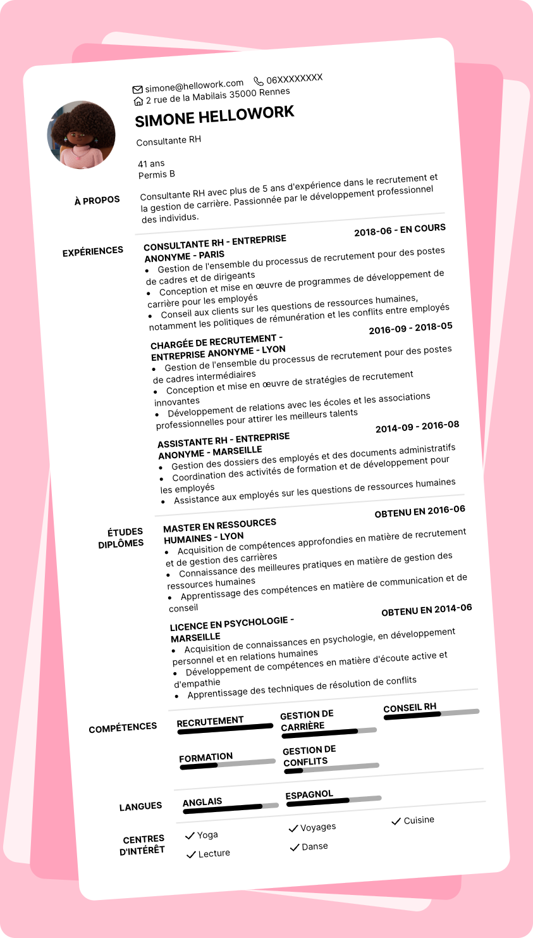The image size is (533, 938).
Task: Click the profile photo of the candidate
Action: (x=82, y=135)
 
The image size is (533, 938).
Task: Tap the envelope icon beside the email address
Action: (x=137, y=89)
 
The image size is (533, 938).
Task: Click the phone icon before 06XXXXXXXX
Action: (x=259, y=81)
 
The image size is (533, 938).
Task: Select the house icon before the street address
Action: (x=138, y=101)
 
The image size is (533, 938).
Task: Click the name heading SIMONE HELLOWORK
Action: (x=215, y=116)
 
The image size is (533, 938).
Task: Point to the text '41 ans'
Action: (x=151, y=163)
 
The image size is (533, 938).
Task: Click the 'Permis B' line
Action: (x=157, y=175)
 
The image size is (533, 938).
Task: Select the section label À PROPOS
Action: (x=97, y=201)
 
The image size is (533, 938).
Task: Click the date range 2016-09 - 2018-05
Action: (x=411, y=328)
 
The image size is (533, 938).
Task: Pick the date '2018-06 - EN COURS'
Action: (x=400, y=230)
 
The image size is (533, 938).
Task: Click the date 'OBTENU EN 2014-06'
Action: (x=427, y=610)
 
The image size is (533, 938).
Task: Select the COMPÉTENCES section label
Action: (x=123, y=728)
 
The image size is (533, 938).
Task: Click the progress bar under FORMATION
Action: (x=228, y=764)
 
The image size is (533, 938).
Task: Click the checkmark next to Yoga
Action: (x=190, y=836)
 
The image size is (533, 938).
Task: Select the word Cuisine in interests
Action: (x=419, y=820)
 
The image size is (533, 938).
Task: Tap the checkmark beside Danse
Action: (x=294, y=847)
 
